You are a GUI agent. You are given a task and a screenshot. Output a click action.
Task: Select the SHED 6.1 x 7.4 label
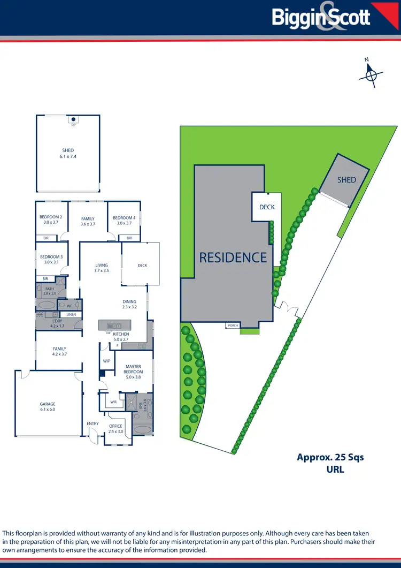68,154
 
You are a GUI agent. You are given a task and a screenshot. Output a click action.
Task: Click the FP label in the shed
73,125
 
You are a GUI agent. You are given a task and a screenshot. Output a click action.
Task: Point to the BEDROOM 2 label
51,220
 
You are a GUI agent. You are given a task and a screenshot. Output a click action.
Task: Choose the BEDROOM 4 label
124,220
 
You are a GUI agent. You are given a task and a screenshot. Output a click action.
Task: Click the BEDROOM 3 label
51,259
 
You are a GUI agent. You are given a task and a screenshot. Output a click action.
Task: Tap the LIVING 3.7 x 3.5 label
102,268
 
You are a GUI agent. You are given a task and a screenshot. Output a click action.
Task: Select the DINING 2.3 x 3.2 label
129,304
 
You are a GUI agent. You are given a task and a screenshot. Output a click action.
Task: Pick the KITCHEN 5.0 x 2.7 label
121,337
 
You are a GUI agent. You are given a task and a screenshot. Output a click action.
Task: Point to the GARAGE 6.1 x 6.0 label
48,407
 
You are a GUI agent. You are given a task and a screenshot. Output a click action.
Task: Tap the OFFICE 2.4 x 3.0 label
116,429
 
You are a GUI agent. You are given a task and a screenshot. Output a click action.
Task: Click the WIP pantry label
106,361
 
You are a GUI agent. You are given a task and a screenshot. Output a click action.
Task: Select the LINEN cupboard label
71,314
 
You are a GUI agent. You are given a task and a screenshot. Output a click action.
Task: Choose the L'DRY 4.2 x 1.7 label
57,323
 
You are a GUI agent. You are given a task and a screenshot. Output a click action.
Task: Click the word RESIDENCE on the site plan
233,258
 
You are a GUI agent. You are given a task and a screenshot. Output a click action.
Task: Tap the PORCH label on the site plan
233,325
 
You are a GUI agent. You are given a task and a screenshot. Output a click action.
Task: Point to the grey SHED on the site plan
346,180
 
